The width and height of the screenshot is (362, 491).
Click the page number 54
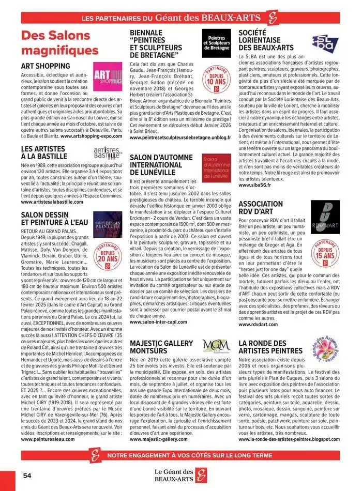pos(27,475)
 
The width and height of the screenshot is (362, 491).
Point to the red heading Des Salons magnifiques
pos(59,43)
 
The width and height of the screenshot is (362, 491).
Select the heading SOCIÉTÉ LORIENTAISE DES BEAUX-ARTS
pos(267,40)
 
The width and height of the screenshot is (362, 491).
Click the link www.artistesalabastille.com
pos(59,202)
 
